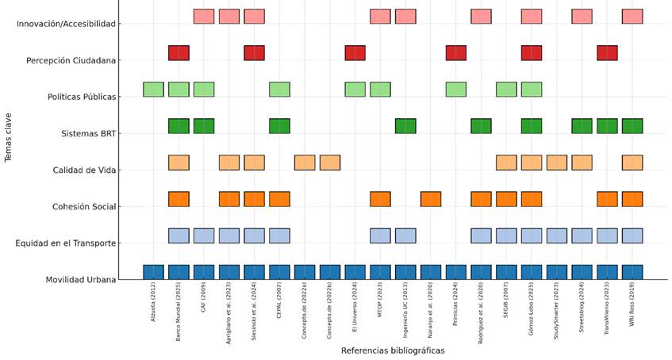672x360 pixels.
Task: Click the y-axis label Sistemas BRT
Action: click(88, 134)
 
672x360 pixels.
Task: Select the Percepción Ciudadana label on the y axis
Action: click(71, 60)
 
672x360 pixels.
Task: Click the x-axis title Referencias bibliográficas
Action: click(392, 350)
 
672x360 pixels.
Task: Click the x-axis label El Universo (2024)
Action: click(355, 309)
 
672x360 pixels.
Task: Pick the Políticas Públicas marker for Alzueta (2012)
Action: click(153, 89)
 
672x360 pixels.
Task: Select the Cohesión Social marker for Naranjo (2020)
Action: click(431, 198)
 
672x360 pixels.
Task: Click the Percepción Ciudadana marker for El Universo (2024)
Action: click(355, 52)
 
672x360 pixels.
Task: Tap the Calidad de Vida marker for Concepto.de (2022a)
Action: click(305, 162)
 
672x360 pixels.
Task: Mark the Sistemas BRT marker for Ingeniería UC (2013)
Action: click(405, 125)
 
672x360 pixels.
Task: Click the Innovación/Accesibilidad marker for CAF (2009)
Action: click(204, 16)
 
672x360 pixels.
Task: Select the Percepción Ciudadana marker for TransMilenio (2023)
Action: click(607, 52)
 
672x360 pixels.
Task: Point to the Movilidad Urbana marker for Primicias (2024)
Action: click(456, 272)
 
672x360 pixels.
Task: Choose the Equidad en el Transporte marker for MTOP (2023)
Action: click(380, 235)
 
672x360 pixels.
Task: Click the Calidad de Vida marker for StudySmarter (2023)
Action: click(557, 162)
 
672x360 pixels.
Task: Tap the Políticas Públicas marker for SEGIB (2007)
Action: click(506, 89)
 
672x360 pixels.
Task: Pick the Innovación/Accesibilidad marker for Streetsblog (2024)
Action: click(582, 16)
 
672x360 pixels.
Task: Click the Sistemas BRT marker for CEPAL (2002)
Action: click(279, 125)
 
